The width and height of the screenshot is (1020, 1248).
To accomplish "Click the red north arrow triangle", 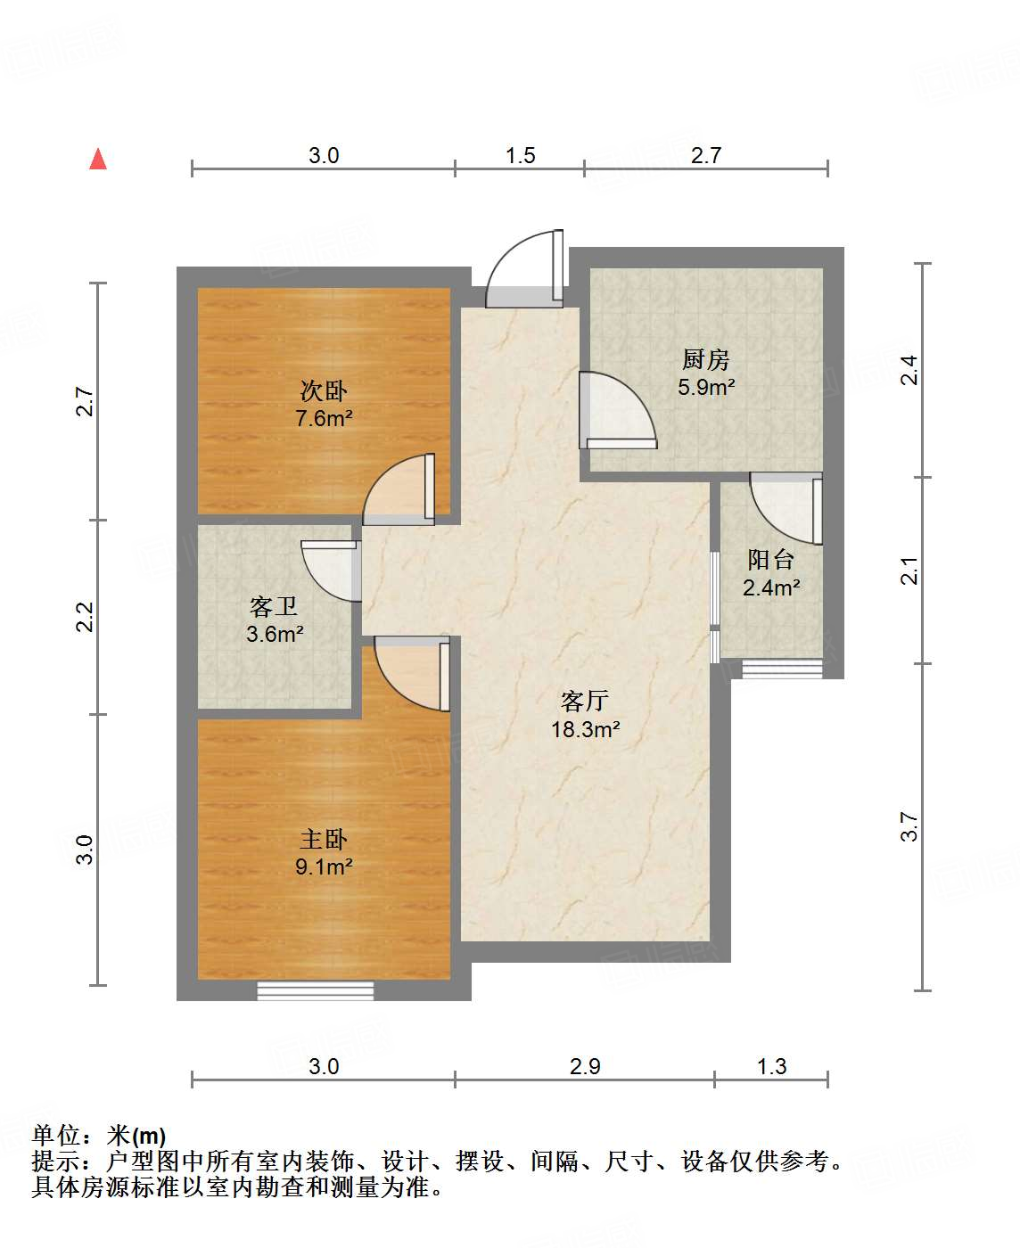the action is [98, 160].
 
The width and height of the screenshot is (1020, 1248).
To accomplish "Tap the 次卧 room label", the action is [324, 390].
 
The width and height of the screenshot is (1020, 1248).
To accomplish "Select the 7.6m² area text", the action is [324, 418].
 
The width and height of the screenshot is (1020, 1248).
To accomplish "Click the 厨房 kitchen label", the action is [705, 359].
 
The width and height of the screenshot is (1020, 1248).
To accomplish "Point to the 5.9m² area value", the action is [706, 387].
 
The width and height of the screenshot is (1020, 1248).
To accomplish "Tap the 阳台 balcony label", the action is [770, 560].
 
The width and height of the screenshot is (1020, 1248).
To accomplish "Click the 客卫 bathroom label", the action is [274, 606].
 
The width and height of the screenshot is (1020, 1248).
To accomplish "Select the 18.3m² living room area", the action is [586, 729].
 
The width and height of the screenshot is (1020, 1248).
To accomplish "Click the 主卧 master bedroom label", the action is [324, 839].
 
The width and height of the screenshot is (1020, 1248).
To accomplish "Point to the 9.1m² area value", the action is [324, 866].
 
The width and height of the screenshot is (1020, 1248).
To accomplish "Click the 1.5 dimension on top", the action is [521, 156].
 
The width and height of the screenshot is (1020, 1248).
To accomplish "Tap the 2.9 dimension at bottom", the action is [585, 1066].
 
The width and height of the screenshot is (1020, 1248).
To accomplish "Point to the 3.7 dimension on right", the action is [909, 826].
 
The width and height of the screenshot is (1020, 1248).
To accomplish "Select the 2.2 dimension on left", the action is [86, 617].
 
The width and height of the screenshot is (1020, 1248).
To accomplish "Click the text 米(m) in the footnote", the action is [136, 1136].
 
